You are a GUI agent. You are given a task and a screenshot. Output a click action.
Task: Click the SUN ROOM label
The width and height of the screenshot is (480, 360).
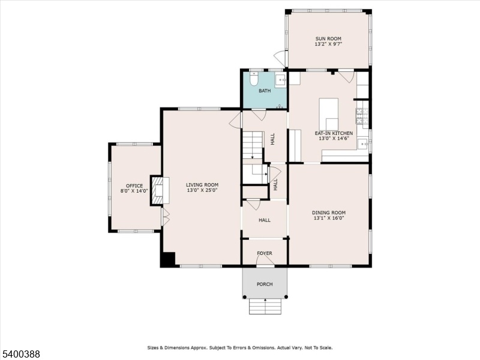coord(328,38)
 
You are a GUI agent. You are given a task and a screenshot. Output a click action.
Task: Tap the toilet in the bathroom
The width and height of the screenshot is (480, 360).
coord(254,79)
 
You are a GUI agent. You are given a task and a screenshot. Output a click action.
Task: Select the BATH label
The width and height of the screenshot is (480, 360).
coord(265,91)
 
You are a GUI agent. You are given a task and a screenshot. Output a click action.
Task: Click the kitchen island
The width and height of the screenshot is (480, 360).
coord(328,114)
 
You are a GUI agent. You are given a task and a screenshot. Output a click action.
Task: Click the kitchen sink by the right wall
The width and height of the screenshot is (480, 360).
coord(363,144)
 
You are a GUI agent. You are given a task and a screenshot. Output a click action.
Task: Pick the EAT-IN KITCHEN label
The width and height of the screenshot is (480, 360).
coord(334,133)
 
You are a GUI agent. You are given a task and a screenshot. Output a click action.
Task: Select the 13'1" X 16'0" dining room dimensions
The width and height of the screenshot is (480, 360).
coord(329,218)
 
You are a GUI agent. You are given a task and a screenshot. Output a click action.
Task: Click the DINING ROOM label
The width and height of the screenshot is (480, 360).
coord(329,212)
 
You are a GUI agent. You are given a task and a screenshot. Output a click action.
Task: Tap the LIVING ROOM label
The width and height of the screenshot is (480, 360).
coord(202,185)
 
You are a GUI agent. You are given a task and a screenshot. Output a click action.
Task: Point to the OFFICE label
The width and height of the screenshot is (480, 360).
coord(134,186)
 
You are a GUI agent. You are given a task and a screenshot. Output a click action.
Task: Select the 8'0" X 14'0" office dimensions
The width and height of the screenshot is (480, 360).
coord(134,191)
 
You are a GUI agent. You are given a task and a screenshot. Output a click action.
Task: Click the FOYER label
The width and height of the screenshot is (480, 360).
coord(265,253)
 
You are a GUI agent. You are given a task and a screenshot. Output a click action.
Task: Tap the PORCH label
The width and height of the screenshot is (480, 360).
coord(265,284)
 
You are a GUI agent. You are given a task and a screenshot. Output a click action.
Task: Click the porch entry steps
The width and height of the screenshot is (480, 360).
coord(265,306)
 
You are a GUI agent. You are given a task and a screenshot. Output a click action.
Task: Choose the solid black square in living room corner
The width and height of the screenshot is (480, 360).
coord(168,259)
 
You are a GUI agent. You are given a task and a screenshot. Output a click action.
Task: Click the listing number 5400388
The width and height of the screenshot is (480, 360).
coord(20,354)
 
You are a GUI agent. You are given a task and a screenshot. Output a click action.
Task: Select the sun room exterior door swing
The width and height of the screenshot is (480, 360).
coord(279,57)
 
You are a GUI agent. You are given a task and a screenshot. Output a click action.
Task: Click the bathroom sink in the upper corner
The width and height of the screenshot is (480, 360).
coord(280,81)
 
